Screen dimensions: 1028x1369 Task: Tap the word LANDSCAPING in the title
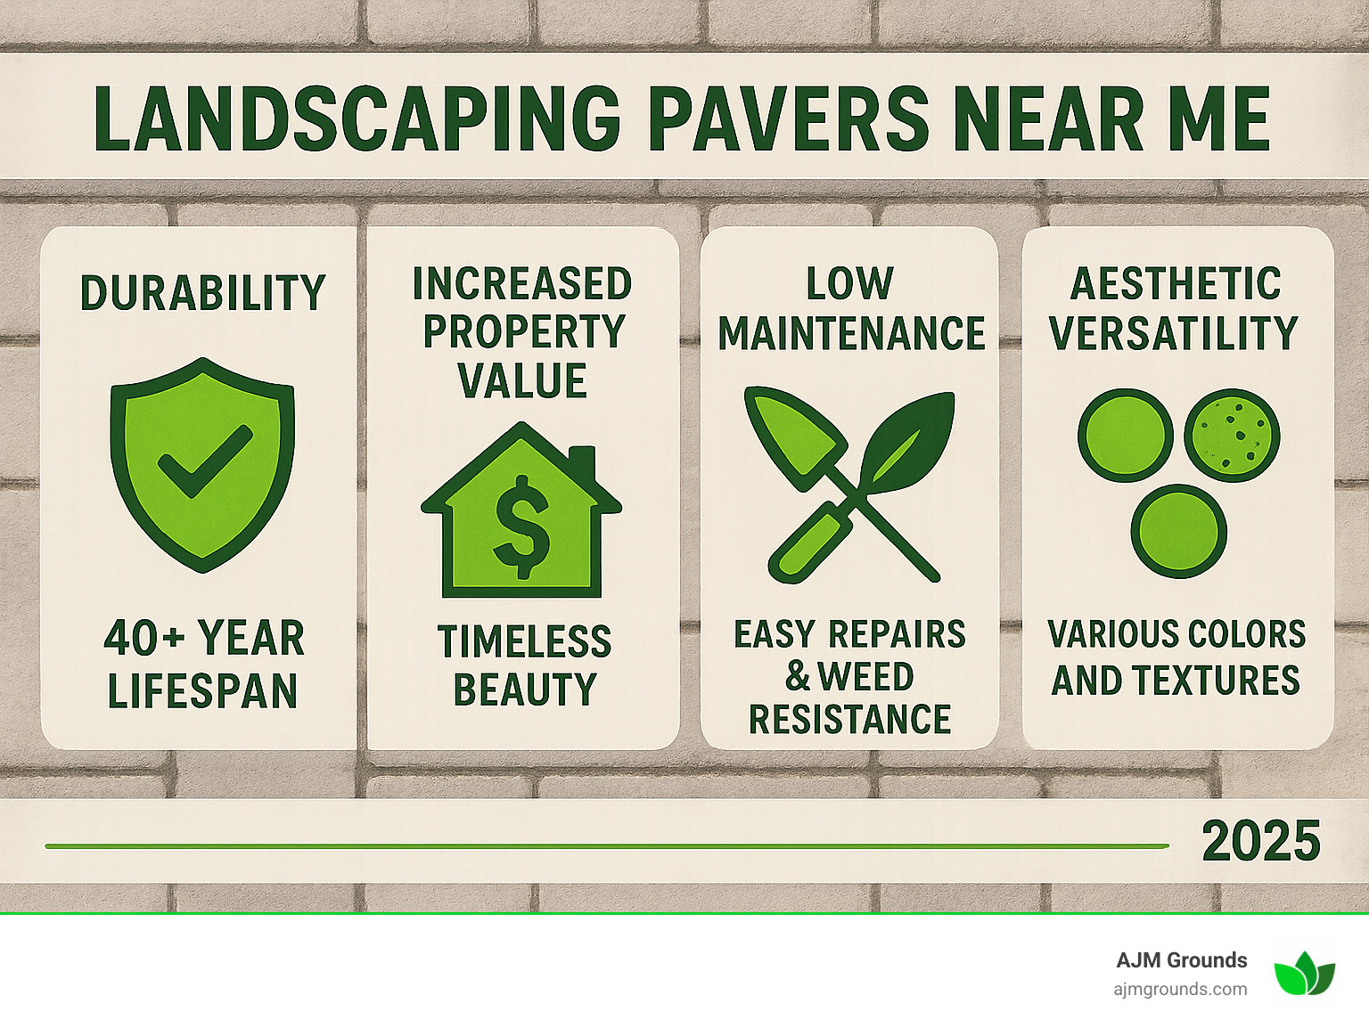(357, 119)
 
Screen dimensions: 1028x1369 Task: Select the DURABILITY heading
(202, 293)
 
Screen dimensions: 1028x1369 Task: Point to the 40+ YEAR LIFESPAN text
(203, 665)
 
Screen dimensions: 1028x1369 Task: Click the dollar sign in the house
(521, 526)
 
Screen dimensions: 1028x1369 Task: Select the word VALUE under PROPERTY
(522, 381)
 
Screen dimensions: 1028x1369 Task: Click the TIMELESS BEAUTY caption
(524, 665)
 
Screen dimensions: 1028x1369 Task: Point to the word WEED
(865, 677)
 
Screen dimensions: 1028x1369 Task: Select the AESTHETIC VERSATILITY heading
(1175, 308)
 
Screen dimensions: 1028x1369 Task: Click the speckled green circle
(1232, 436)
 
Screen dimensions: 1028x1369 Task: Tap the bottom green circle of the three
(1178, 532)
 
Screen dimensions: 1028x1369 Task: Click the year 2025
(1260, 842)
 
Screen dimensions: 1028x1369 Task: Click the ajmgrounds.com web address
(1180, 989)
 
